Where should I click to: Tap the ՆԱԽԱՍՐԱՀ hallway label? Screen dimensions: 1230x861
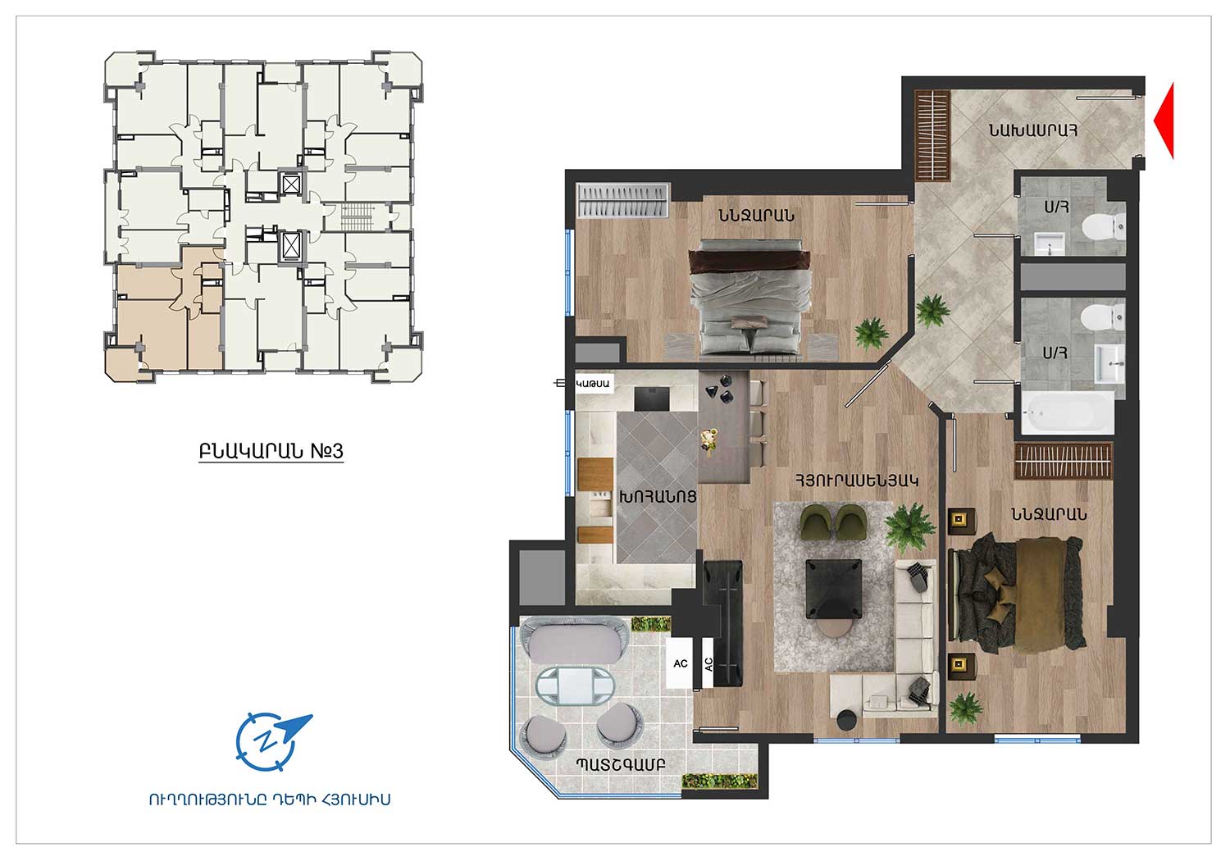click(1033, 130)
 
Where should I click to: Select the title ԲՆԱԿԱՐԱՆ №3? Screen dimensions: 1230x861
click(271, 451)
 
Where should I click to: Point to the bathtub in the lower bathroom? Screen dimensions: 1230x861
click(1068, 413)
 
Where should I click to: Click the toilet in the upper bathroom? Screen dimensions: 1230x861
click(1104, 226)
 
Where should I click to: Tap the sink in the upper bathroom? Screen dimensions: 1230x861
click(1050, 244)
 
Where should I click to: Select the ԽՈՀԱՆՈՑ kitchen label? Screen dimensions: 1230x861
click(658, 497)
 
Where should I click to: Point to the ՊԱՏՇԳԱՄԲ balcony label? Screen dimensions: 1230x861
click(621, 764)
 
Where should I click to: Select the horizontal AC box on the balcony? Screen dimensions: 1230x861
click(680, 663)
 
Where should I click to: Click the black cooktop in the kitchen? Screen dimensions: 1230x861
click(652, 399)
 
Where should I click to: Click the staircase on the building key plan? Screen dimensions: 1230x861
click(358, 216)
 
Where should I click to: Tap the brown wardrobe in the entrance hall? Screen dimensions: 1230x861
click(932, 135)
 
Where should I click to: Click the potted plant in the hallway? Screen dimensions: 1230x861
click(932, 310)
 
